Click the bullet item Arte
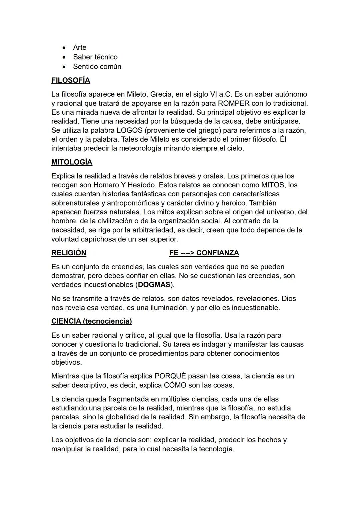point(80,47)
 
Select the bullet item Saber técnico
point(95,57)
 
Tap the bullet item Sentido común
point(97,67)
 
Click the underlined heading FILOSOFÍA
point(71,80)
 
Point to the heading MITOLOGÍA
point(72,162)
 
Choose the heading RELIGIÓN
point(69,253)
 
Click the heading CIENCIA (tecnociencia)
point(92,321)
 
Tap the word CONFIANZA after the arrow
point(218,253)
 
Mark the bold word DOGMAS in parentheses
point(154,285)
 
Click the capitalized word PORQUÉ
point(170,376)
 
